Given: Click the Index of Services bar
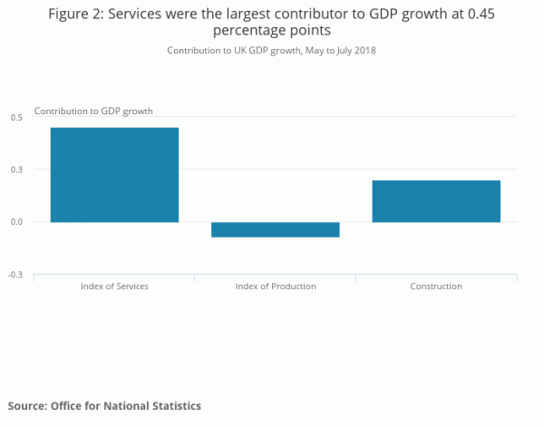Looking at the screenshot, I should [x=114, y=175].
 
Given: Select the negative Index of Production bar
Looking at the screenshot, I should [x=276, y=229].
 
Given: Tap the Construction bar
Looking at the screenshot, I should [x=436, y=201].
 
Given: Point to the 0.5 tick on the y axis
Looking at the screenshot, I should [x=16, y=118].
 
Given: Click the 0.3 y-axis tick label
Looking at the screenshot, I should [x=16, y=170].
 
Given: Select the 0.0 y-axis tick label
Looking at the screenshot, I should [x=16, y=222].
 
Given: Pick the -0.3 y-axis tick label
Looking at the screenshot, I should [x=15, y=275].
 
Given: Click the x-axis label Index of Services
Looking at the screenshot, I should [x=114, y=286].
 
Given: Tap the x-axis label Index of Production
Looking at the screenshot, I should [x=276, y=286].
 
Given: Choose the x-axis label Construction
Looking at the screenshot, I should [x=436, y=286].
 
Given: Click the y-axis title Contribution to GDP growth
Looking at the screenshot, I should [x=93, y=111].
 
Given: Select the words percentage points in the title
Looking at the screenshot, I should [x=271, y=31].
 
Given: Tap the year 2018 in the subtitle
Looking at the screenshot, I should [x=364, y=51].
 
